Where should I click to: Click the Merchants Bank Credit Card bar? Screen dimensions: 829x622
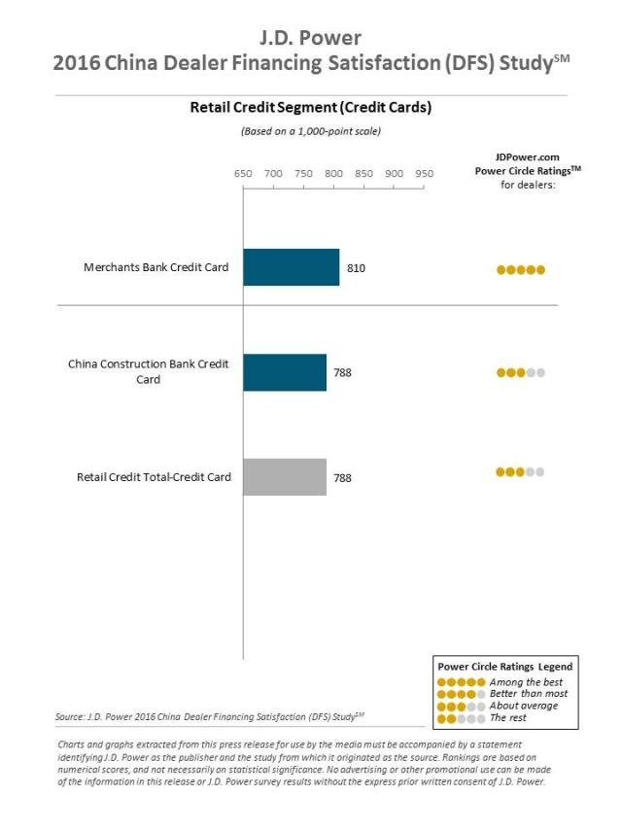(x=291, y=267)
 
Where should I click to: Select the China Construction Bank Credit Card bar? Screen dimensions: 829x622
(x=285, y=372)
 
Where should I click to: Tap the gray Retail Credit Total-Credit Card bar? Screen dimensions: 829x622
(x=285, y=477)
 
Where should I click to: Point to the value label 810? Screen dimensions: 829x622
(x=356, y=267)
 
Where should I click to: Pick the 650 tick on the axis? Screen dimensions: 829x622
(x=243, y=173)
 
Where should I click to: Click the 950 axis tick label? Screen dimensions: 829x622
(x=425, y=173)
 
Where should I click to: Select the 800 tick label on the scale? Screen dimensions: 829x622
(x=333, y=173)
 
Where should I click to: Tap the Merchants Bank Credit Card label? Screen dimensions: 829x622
(x=155, y=267)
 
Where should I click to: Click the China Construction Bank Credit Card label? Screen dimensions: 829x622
(x=149, y=371)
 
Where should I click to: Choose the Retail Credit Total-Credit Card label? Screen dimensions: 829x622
(x=154, y=477)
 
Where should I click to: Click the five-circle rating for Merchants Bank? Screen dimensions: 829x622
(x=521, y=270)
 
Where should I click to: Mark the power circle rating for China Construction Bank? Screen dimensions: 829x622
(x=521, y=372)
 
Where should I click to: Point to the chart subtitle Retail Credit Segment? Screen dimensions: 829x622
(x=310, y=110)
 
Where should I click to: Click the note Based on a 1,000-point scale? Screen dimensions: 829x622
(x=310, y=131)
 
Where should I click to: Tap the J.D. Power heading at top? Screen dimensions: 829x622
(x=310, y=39)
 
